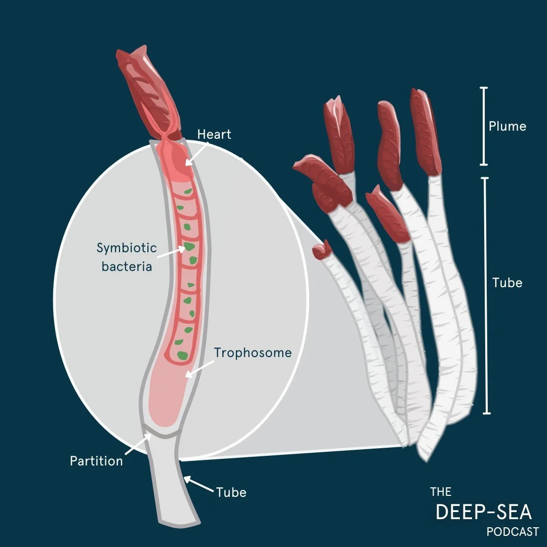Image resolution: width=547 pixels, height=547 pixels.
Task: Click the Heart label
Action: (x=214, y=135)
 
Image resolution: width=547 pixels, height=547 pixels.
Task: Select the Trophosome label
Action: (x=253, y=353)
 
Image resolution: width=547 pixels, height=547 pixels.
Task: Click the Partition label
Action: (x=96, y=461)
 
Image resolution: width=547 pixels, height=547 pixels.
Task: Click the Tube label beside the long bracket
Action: (x=507, y=283)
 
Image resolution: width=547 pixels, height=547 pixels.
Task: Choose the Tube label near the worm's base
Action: (x=231, y=492)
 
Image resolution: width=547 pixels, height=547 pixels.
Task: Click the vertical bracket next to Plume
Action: (x=484, y=126)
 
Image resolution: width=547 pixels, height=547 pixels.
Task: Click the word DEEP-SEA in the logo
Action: (x=484, y=513)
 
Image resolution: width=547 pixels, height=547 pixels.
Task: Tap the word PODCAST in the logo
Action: (x=513, y=532)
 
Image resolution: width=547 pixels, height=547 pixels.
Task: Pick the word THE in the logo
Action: (x=441, y=492)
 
